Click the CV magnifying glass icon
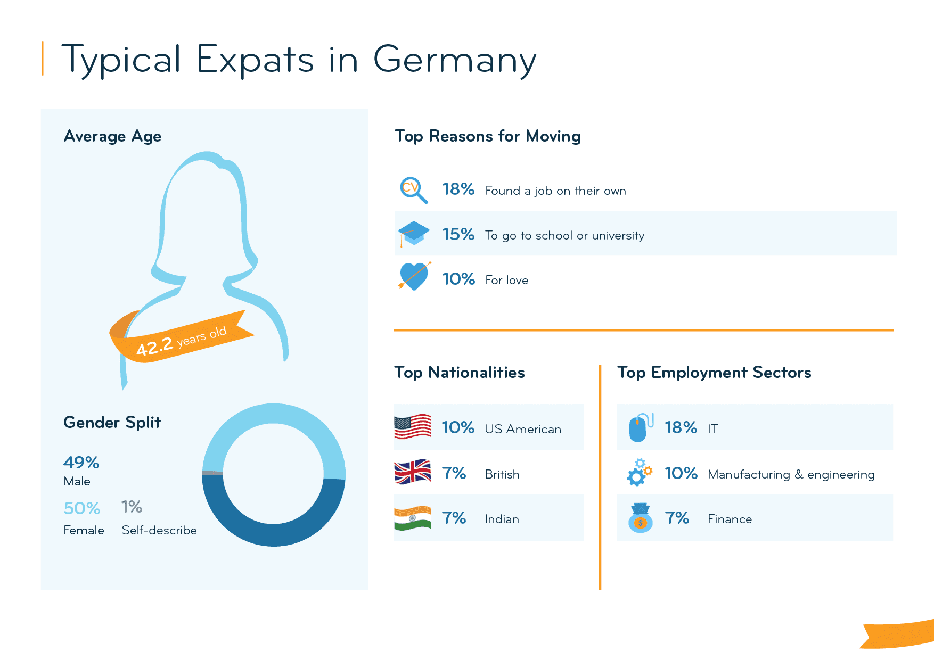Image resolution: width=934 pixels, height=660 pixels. [x=413, y=189]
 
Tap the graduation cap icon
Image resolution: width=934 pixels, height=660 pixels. [x=414, y=234]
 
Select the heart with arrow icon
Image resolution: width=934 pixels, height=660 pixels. [x=414, y=276]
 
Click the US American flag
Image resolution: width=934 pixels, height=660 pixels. [x=412, y=426]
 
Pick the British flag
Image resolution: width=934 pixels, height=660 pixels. [x=412, y=472]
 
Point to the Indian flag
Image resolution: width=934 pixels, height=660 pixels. [x=412, y=518]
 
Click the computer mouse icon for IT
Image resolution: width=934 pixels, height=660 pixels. [x=640, y=427]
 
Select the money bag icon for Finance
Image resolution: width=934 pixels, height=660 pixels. [x=640, y=518]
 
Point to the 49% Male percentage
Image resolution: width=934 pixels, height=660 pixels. [x=81, y=463]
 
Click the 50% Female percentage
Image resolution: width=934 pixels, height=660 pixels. [x=81, y=508]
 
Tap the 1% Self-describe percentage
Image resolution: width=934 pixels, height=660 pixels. [x=132, y=507]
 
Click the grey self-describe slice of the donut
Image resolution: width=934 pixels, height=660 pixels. [x=212, y=473]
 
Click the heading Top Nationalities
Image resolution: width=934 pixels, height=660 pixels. [x=459, y=372]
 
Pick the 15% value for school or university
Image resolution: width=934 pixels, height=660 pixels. [x=458, y=234]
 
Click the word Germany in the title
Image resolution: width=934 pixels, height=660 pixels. [x=454, y=60]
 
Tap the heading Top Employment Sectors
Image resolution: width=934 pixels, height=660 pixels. [x=714, y=372]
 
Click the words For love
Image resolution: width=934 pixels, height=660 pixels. [x=506, y=280]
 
